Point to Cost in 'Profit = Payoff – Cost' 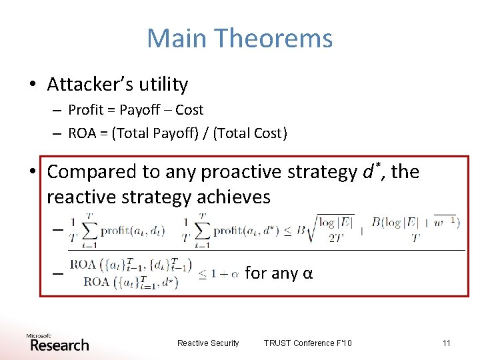coord(189,110)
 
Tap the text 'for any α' coord(279,273)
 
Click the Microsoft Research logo coord(57,343)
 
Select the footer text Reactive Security coord(208,343)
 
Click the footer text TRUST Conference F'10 coord(307,343)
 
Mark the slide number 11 coord(446,343)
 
